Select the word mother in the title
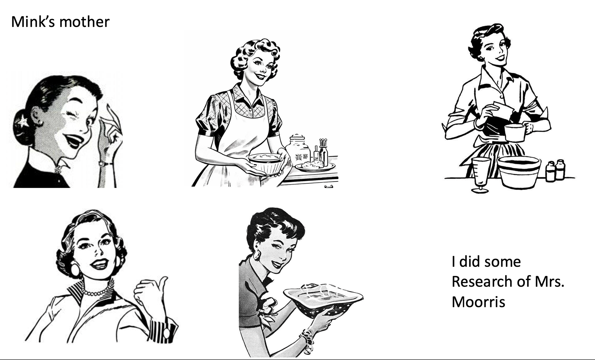tap(84, 22)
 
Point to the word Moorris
tap(478, 302)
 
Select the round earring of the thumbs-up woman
tap(75, 269)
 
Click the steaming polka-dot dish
tap(323, 299)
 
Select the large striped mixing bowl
tap(519, 171)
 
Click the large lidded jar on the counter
tap(298, 150)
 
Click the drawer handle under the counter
tap(329, 186)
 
